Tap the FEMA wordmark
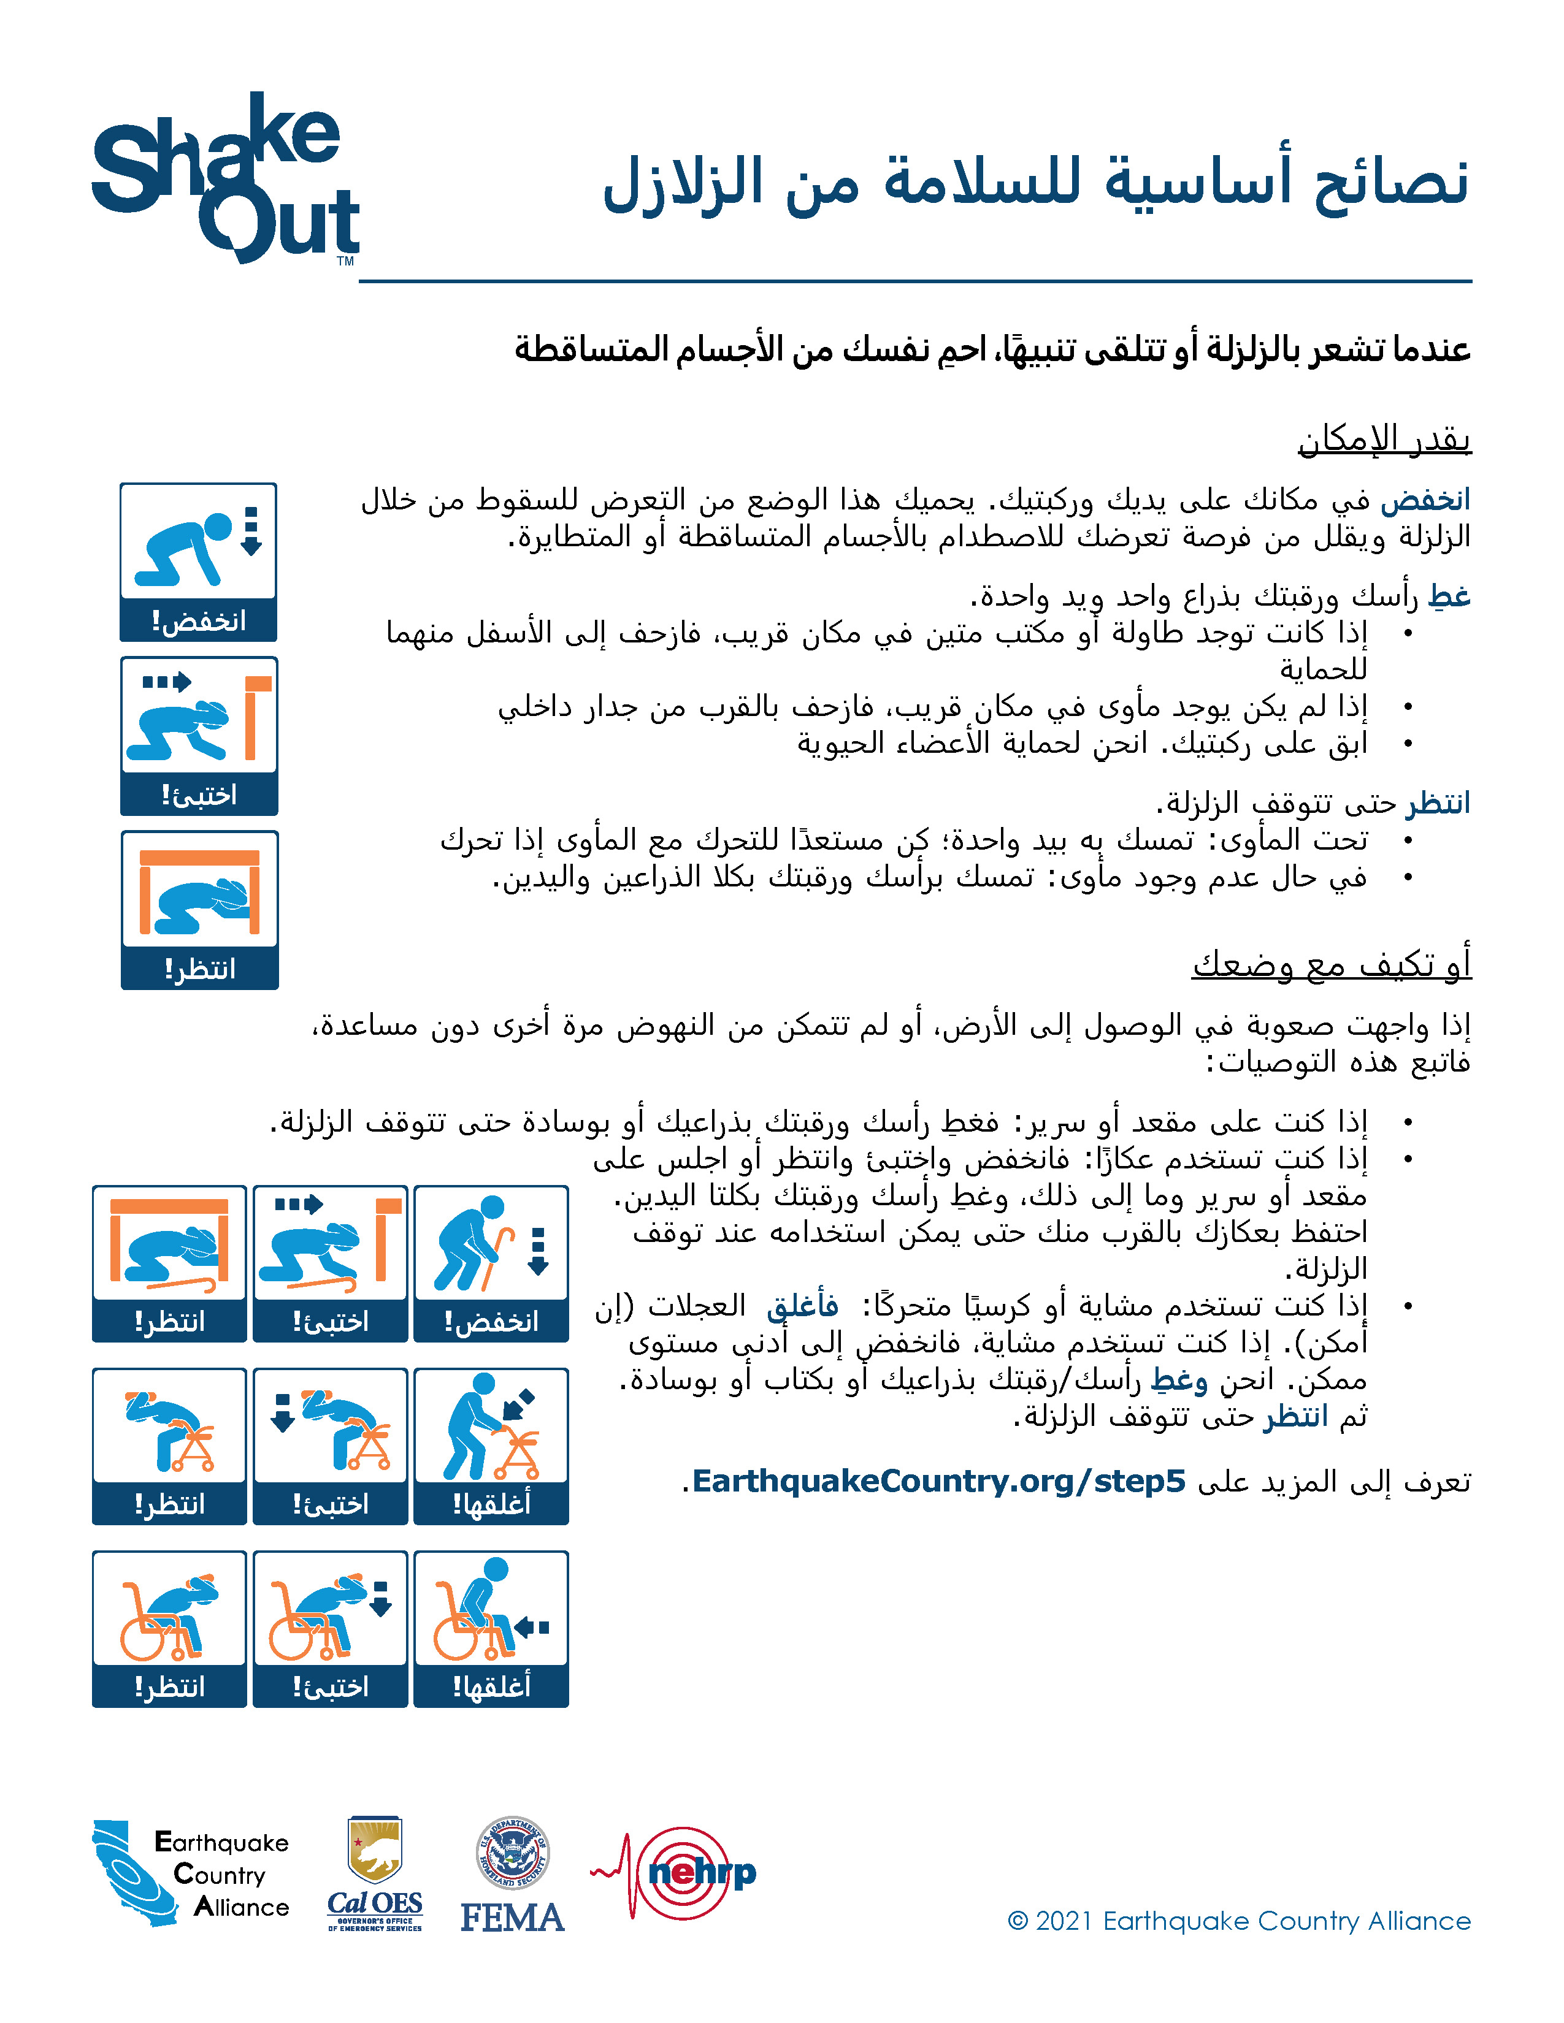coord(512,1918)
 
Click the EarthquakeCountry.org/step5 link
coord(938,1481)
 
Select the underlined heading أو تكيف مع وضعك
coord(1332,964)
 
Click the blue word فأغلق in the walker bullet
coord(802,1306)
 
